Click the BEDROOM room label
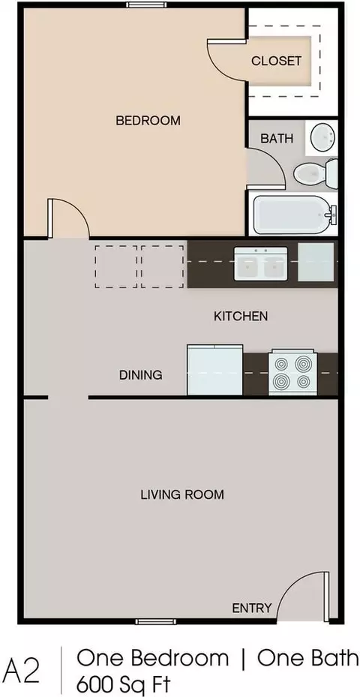click(x=148, y=121)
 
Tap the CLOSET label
click(x=277, y=61)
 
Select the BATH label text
click(x=277, y=138)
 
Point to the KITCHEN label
click(x=241, y=316)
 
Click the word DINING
click(x=140, y=374)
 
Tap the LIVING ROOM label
click(x=182, y=494)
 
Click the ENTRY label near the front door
click(x=251, y=608)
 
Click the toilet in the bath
click(x=316, y=173)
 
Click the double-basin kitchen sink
click(x=261, y=264)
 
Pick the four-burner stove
click(x=293, y=372)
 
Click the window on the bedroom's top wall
click(x=146, y=5)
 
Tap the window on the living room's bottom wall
click(x=156, y=621)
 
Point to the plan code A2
click(x=22, y=669)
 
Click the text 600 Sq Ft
click(x=124, y=682)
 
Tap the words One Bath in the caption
click(x=307, y=658)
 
